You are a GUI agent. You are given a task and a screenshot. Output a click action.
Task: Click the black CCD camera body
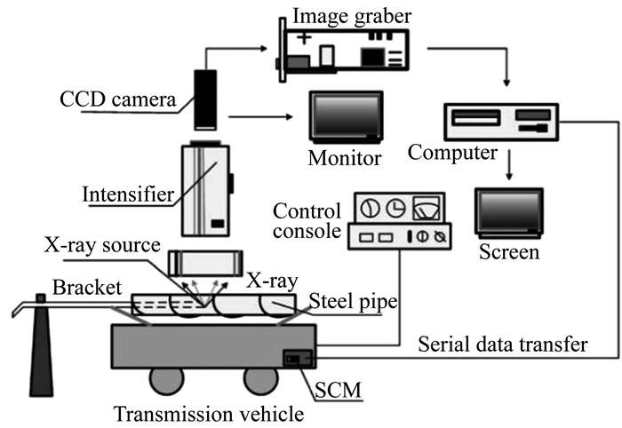[205, 99]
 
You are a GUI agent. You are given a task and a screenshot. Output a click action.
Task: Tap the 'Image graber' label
[352, 16]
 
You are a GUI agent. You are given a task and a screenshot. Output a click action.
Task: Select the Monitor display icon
[347, 117]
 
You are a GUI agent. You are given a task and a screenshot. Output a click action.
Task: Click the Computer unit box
[501, 122]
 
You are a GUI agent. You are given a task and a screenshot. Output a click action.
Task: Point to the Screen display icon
[509, 213]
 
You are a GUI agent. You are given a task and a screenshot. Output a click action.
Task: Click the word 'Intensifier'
[128, 194]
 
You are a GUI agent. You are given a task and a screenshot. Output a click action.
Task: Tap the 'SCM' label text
[338, 390]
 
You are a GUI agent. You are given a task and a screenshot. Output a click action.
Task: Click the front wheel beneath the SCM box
[259, 380]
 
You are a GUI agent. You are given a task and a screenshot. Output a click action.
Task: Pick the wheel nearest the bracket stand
[167, 380]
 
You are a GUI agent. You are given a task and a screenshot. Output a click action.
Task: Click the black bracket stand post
[41, 345]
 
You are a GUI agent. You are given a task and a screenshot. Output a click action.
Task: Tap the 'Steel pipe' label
[353, 302]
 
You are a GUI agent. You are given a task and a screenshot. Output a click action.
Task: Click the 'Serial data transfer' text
[503, 344]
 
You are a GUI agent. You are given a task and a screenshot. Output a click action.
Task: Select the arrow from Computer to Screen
[509, 164]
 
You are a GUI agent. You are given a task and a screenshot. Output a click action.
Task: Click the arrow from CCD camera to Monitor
[260, 117]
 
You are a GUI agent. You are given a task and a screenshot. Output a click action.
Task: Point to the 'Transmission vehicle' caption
[209, 414]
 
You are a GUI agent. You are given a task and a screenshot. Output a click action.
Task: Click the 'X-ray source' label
[102, 245]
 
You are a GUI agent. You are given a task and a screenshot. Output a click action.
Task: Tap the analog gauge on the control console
[427, 208]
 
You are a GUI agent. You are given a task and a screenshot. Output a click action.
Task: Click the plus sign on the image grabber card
[304, 38]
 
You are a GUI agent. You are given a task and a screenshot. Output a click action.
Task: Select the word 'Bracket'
[87, 288]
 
